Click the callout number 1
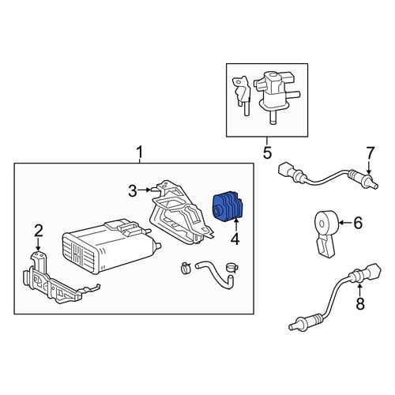[x=140, y=152]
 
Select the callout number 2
[x=39, y=231]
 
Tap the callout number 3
[x=133, y=191]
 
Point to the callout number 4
[x=235, y=239]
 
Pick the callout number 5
[x=267, y=153]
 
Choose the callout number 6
[x=358, y=223]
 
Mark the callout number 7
[x=370, y=152]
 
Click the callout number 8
[x=360, y=303]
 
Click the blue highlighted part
[x=228, y=206]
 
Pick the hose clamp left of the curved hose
[x=186, y=267]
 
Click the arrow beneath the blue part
[x=235, y=225]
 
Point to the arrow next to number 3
[x=145, y=190]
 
